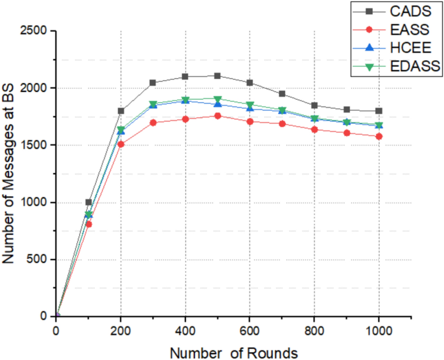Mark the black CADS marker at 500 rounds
pos(218,76)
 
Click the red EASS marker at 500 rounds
pos(218,116)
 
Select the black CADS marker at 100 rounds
pos(89,202)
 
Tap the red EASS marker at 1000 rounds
pos(379,136)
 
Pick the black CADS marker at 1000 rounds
pos(379,111)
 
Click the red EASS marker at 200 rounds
pos(121,144)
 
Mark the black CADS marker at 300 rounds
pos(153,83)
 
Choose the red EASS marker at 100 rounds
pos(89,224)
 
